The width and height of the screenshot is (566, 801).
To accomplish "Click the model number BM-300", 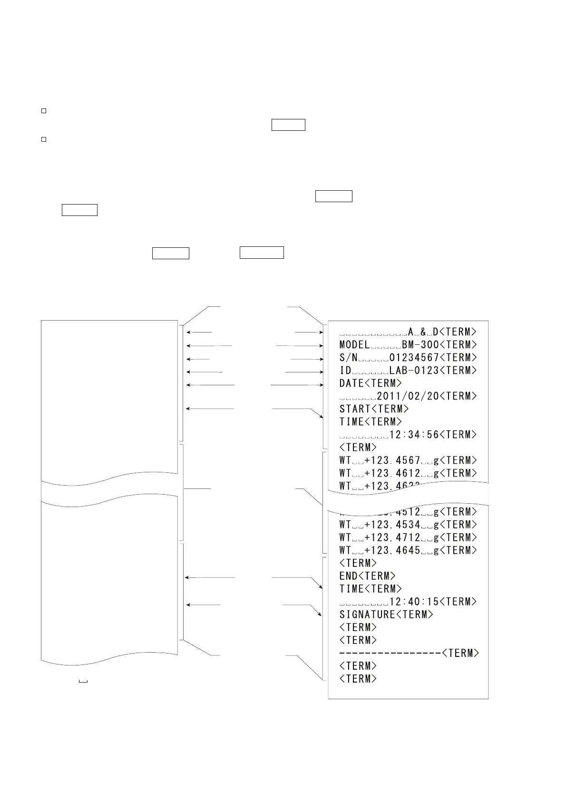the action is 420,345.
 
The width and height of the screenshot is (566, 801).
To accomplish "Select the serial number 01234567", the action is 414,358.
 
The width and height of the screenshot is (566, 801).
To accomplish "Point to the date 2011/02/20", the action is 408,396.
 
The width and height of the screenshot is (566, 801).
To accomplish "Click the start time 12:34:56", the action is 414,435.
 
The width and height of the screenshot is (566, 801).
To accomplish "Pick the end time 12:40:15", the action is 414,602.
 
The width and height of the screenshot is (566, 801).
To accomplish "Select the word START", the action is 355,409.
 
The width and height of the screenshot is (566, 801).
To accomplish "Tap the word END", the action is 349,576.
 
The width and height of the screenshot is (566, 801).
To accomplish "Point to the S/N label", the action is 349,358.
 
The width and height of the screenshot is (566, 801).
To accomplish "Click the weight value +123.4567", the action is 392,460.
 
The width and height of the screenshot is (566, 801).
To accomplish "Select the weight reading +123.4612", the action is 392,473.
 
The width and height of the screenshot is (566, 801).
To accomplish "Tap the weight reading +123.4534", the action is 392,525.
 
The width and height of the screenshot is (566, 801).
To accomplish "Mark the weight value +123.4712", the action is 392,537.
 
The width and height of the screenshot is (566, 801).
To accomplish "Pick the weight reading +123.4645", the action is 392,550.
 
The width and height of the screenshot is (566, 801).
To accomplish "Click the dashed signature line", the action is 390,653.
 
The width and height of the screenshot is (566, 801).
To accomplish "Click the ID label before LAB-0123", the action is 345,371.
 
